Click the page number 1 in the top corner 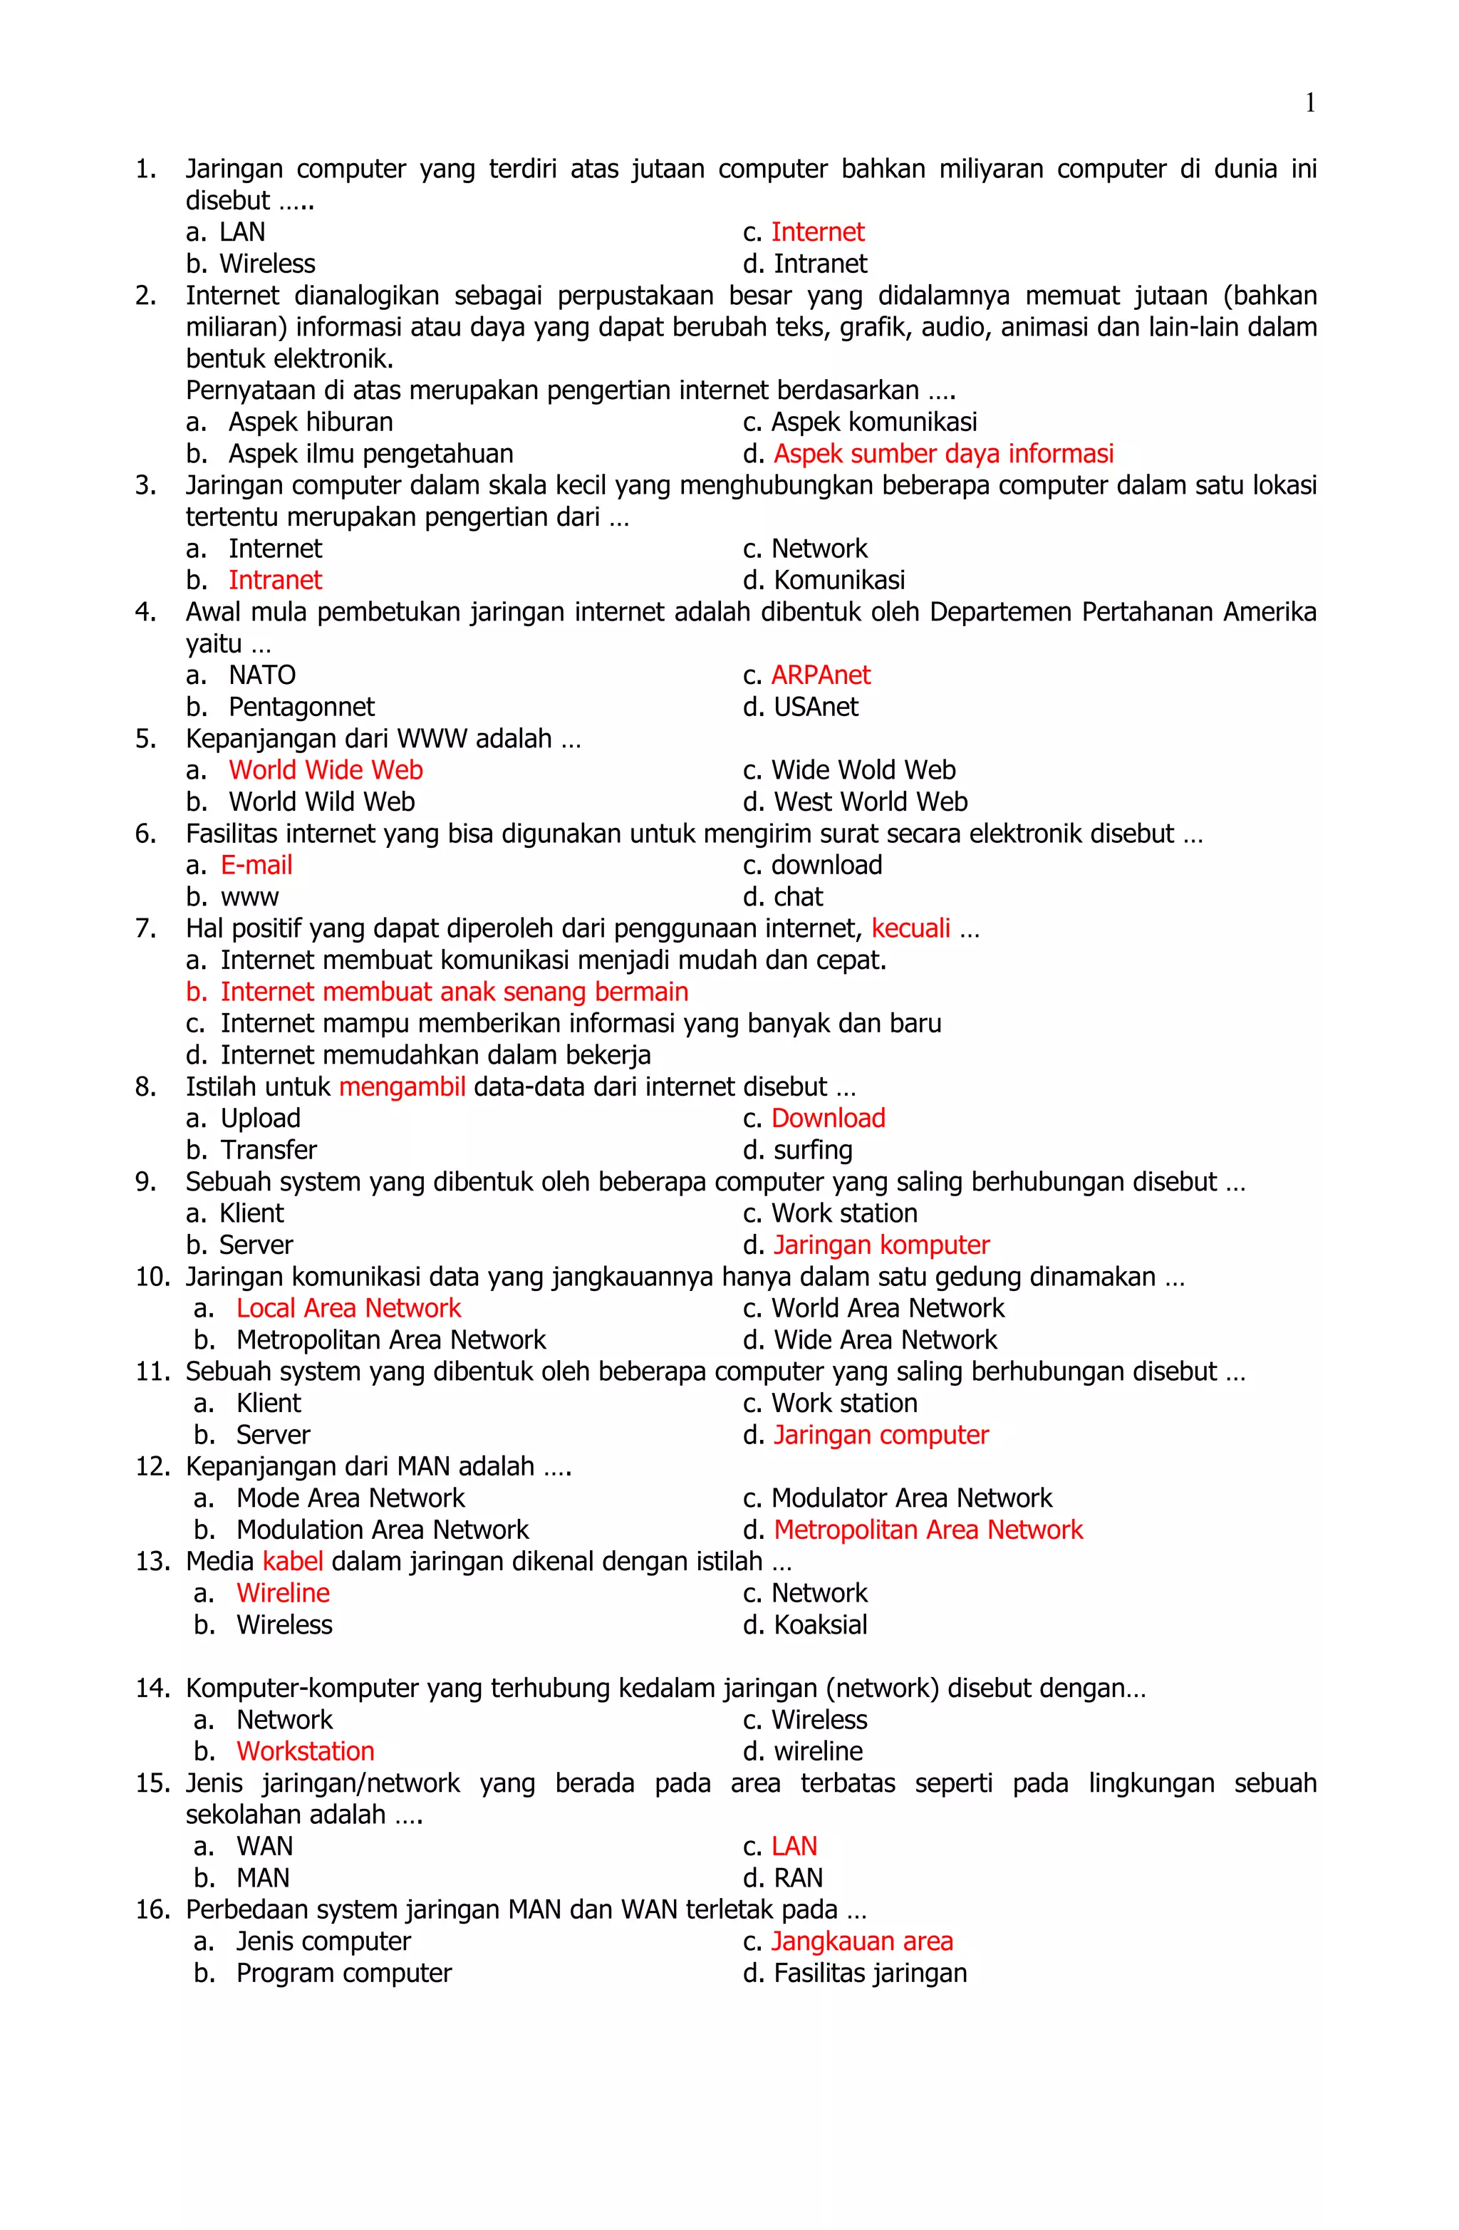(x=1309, y=103)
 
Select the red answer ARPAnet (x=820, y=675)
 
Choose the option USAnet (x=815, y=707)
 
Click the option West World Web (x=870, y=802)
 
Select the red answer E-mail (x=256, y=865)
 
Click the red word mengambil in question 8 (x=402, y=1087)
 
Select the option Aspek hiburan (x=310, y=422)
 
